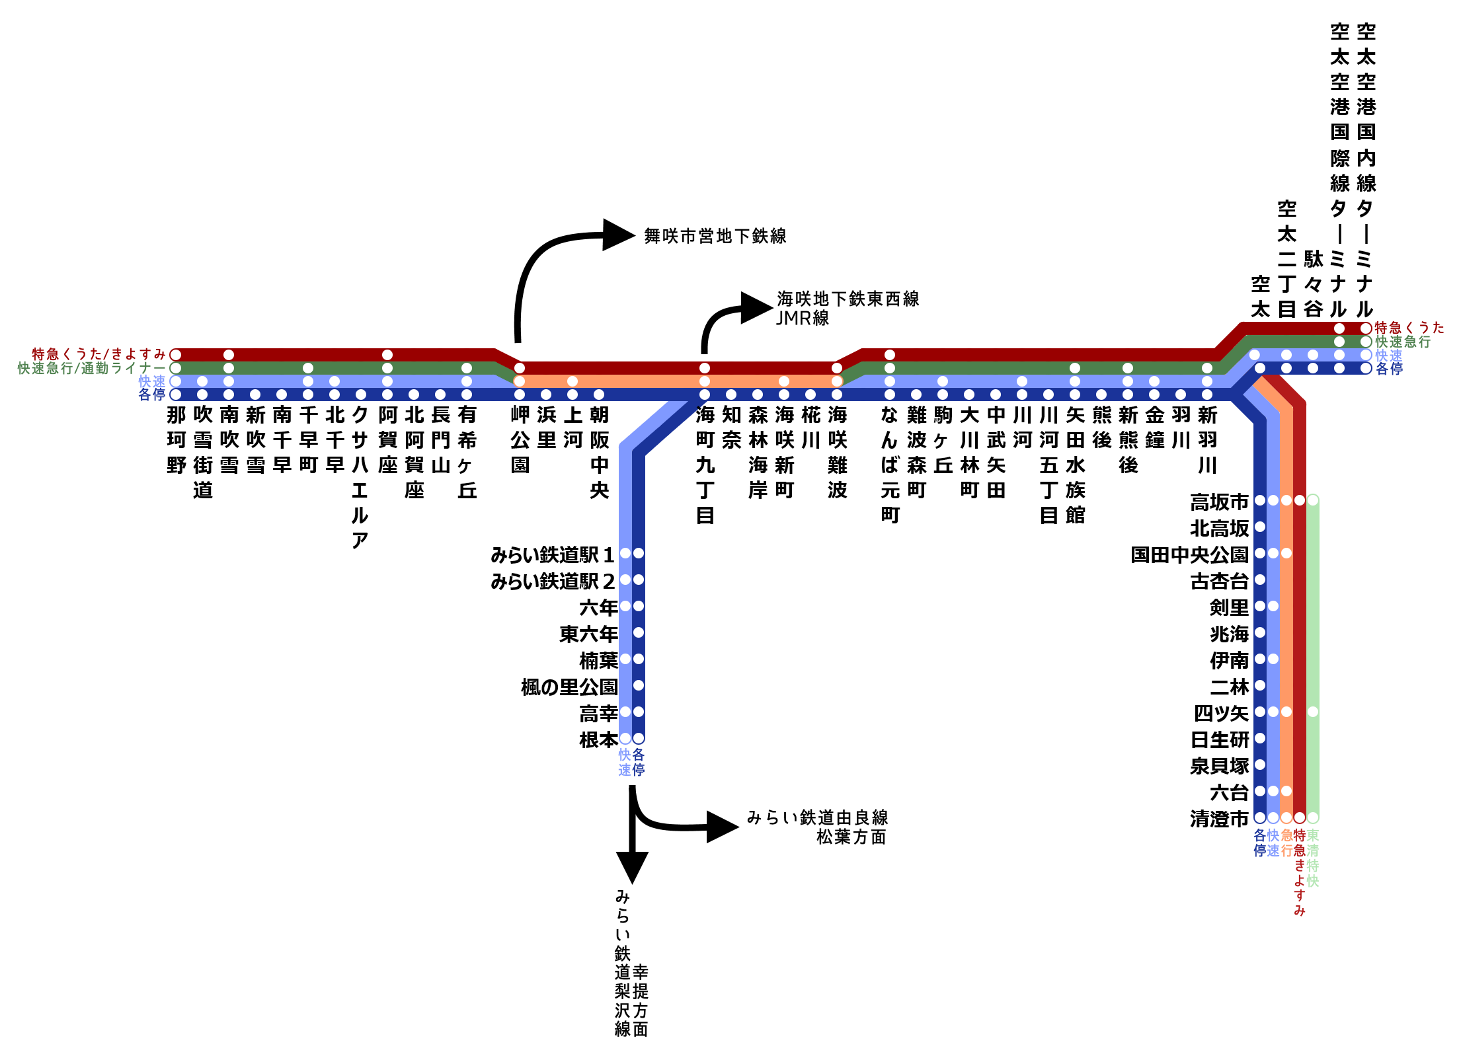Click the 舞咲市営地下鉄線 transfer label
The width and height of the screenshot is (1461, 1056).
pos(715,236)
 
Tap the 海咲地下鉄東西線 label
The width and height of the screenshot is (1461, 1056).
pos(848,299)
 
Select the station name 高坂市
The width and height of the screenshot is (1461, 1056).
pos(1219,502)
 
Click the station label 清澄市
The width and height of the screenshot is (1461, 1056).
pos(1219,819)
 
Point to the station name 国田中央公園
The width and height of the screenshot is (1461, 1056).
pos(1189,554)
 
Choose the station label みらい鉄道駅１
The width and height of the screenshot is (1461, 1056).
pos(553,554)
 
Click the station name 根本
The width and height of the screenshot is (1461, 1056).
pos(598,739)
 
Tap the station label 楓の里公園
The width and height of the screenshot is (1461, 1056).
pos(569,687)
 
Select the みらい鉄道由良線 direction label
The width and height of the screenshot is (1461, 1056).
pos(818,818)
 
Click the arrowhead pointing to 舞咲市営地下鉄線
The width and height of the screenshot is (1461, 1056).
pos(619,235)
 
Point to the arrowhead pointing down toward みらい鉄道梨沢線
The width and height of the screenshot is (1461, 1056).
pos(632,866)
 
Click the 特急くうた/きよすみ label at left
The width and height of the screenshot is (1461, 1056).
pos(99,354)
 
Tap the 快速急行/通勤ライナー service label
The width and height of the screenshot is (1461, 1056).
pos(92,368)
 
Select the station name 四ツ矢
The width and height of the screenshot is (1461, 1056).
pos(1221,713)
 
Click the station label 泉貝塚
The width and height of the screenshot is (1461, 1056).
pos(1219,766)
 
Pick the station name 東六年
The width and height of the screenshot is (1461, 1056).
pos(588,634)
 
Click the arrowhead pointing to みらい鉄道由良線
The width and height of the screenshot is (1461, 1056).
pos(722,827)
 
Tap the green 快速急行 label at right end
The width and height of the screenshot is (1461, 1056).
pos(1403,342)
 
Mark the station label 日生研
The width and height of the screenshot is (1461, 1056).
pos(1220,739)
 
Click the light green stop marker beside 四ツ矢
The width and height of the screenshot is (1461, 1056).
pos(1313,712)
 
